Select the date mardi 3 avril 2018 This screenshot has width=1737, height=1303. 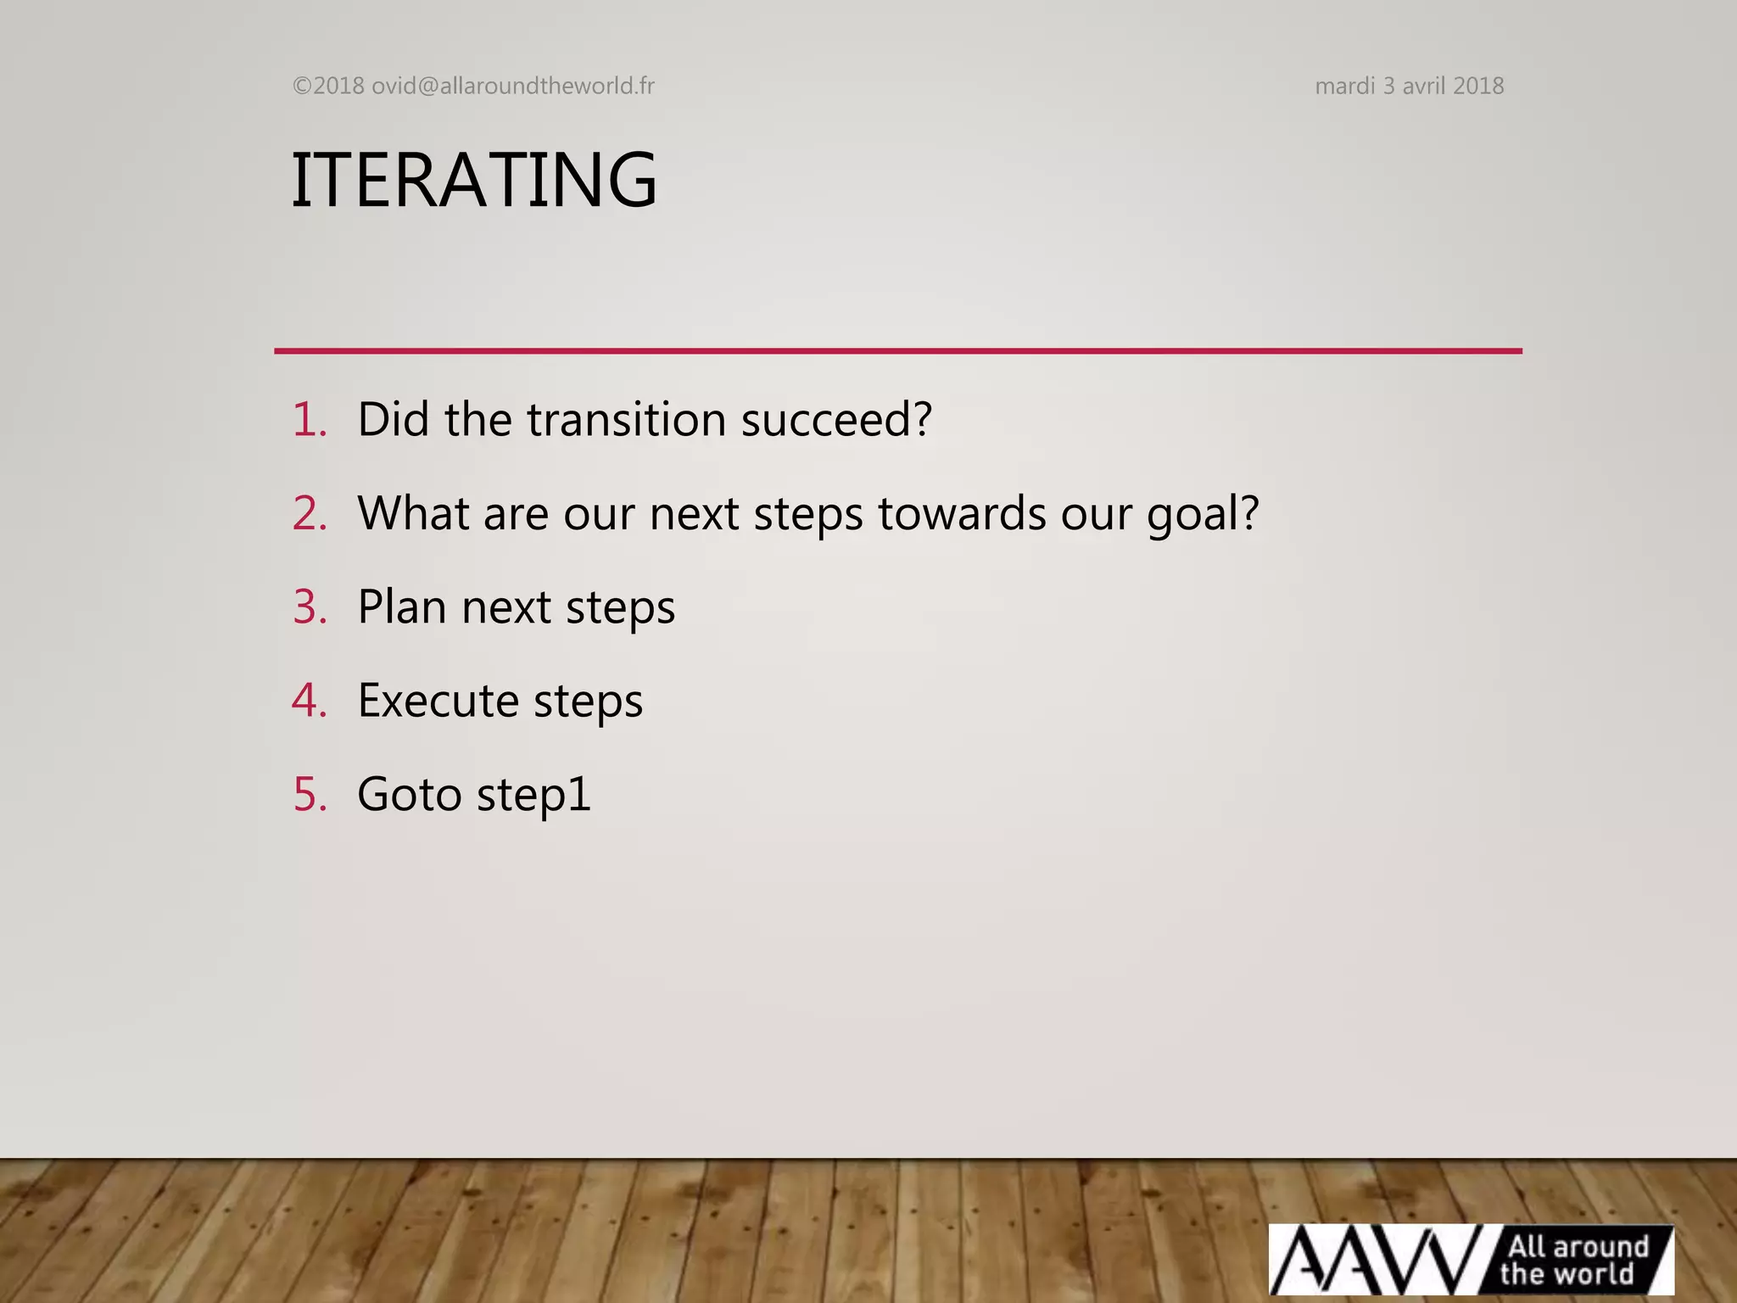point(1409,86)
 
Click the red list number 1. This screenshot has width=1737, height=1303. point(309,419)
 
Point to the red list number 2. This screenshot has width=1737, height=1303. point(309,513)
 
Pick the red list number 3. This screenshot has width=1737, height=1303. point(309,607)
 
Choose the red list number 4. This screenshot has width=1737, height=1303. point(309,701)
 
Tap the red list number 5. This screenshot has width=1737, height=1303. point(309,794)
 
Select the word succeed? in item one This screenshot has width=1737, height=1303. point(836,419)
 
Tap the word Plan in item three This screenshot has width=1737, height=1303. point(402,607)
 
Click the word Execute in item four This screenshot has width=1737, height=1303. point(438,701)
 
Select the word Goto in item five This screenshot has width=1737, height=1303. point(409,794)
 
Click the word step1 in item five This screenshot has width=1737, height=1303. point(533,796)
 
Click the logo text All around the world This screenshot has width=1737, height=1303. point(1574,1260)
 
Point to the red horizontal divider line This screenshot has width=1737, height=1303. point(897,350)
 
